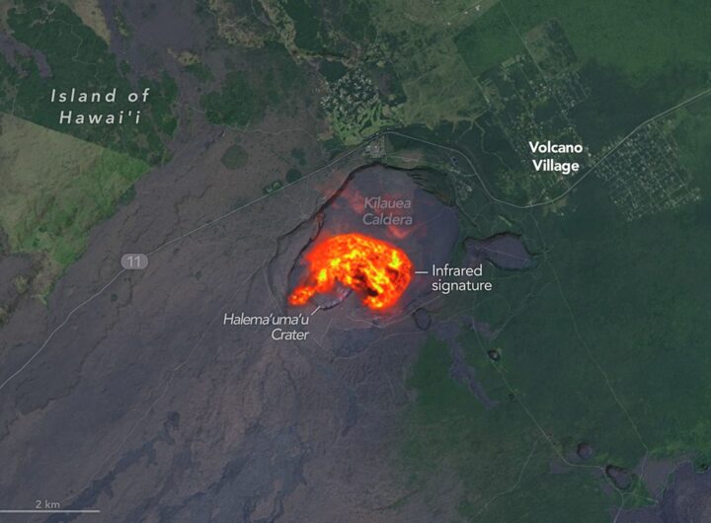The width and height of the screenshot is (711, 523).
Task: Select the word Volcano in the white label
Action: pos(555,148)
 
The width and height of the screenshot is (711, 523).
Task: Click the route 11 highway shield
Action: pos(134,261)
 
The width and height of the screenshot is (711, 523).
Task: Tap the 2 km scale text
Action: pos(48,503)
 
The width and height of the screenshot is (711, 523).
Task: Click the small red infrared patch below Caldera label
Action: pos(400,232)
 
